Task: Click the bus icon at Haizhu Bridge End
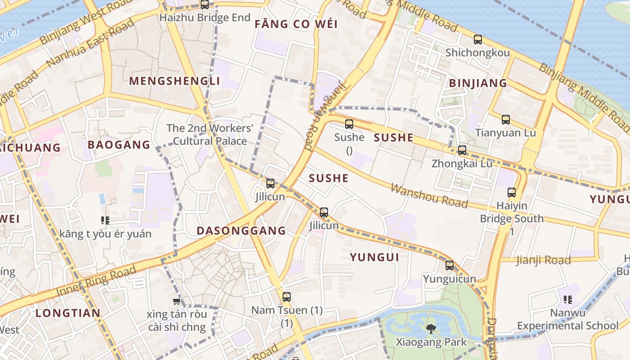pos(205,5)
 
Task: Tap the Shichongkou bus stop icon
pos(478,40)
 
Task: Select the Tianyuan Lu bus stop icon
pos(506,120)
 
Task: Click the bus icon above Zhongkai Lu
pos(462,150)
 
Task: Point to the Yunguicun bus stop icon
pos(450,265)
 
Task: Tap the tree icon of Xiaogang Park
pos(431,329)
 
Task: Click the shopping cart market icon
pos(176,301)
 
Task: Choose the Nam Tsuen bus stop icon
pos(287,297)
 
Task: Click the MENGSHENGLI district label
pos(175,81)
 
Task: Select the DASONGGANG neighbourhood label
pos(241,231)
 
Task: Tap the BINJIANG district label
pos(478,83)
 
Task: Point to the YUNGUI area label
pos(375,257)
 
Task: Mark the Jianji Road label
pos(543,260)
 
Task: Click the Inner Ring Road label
pos(96,281)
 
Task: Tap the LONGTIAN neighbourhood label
pos(68,313)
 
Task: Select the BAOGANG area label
pos(119,145)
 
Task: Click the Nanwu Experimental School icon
pos(567,299)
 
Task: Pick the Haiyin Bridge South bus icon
pos(512,193)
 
